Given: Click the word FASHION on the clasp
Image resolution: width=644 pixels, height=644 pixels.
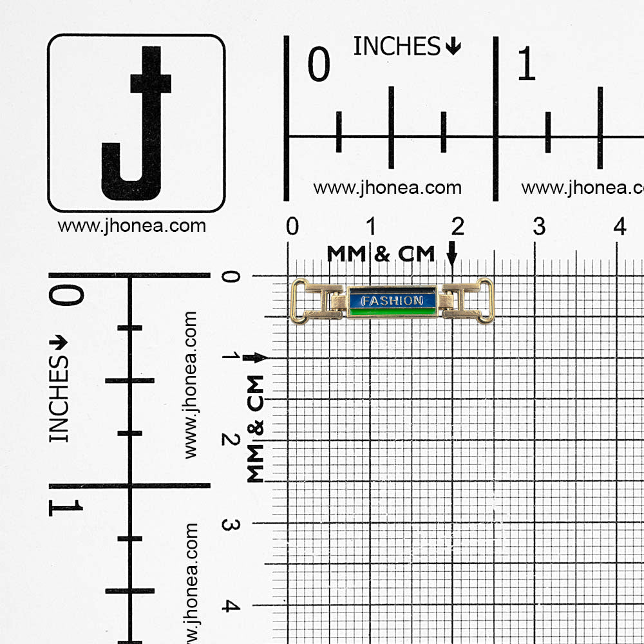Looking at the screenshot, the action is pyautogui.click(x=392, y=301).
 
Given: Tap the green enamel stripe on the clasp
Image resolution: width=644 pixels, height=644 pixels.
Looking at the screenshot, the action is pyautogui.click(x=392, y=312).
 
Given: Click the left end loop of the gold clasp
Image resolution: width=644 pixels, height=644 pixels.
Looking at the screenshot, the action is pyautogui.click(x=299, y=301).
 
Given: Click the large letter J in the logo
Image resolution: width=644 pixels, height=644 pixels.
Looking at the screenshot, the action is pyautogui.click(x=137, y=123).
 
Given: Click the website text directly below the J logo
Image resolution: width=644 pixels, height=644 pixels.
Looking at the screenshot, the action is pyautogui.click(x=132, y=226).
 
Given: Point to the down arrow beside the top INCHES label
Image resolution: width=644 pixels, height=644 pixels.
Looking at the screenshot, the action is pyautogui.click(x=453, y=46).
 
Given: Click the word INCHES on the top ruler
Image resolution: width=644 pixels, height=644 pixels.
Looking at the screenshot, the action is pyautogui.click(x=397, y=46).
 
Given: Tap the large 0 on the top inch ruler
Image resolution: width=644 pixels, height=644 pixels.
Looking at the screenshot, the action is pyautogui.click(x=319, y=64).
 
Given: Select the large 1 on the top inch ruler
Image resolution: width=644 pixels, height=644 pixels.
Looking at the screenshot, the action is pyautogui.click(x=527, y=63).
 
